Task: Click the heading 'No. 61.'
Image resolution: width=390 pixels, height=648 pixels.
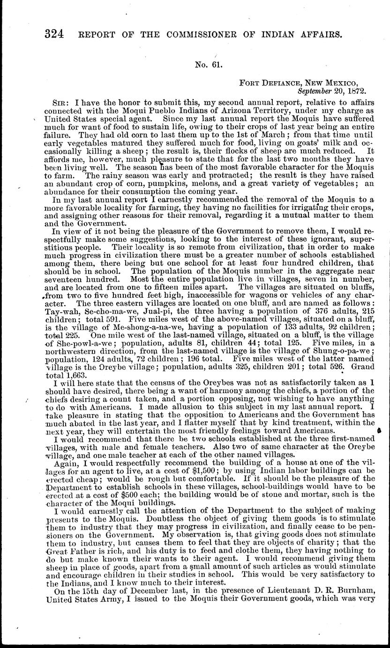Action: coord(209,65)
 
